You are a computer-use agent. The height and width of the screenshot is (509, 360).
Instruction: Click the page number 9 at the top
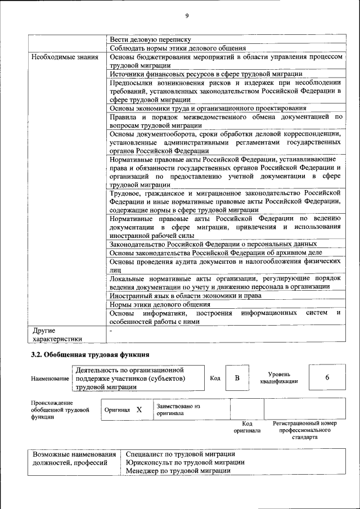tap(187, 15)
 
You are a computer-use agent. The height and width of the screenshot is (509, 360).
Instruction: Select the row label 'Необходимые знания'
tap(65, 57)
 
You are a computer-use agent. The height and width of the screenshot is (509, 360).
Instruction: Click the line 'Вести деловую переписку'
tap(150, 39)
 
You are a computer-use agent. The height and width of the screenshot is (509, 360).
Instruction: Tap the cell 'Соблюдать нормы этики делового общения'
tap(177, 48)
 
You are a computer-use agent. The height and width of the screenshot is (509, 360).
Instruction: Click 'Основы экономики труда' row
tap(208, 108)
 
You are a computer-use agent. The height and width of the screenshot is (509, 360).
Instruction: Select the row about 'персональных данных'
tap(213, 244)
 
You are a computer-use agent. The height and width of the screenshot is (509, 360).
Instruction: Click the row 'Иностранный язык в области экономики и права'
tap(185, 295)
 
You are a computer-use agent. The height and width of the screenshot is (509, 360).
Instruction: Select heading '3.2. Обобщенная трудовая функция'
tap(89, 354)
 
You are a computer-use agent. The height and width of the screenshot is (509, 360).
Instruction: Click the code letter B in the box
tap(237, 378)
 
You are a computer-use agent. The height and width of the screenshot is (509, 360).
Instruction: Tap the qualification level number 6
tap(327, 378)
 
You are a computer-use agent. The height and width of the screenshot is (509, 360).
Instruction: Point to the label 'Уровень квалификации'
tap(279, 378)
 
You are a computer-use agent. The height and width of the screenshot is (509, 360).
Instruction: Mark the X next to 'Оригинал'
tap(139, 409)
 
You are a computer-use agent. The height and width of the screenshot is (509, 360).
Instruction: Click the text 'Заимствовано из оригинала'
tap(178, 409)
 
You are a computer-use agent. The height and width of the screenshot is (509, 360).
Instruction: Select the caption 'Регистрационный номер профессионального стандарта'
tap(304, 430)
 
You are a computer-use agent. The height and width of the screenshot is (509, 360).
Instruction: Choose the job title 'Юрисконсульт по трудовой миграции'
tap(185, 462)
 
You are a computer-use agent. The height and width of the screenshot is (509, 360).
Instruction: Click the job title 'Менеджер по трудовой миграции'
tap(178, 470)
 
